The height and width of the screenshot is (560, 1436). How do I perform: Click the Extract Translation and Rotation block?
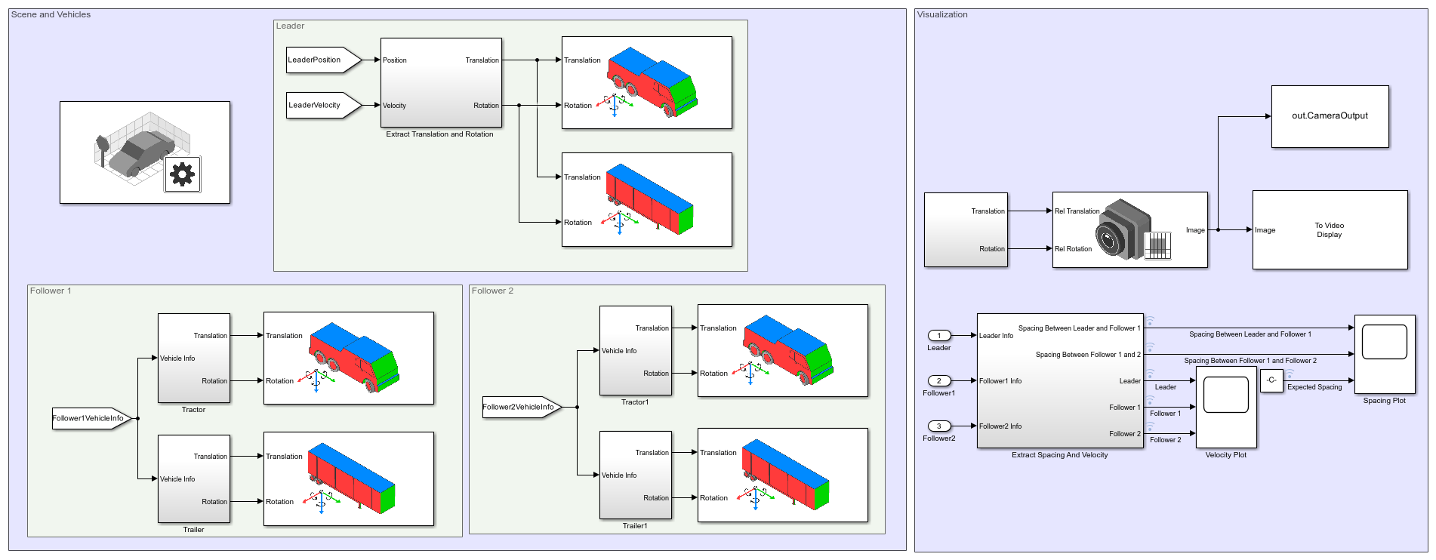[x=441, y=83]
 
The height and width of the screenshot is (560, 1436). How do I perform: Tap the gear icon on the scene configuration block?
[x=183, y=174]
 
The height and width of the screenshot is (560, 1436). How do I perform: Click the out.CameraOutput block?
[x=1330, y=116]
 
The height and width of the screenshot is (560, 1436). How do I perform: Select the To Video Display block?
[x=1330, y=230]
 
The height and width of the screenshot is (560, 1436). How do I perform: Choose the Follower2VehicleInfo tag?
[x=520, y=408]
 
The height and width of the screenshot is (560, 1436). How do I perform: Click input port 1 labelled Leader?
[x=939, y=336]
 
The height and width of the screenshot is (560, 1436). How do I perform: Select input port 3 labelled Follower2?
[x=939, y=426]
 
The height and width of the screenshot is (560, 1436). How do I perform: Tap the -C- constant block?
[x=1271, y=380]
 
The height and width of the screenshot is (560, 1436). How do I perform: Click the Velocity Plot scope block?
[x=1226, y=408]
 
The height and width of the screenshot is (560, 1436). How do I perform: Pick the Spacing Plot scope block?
[x=1385, y=354]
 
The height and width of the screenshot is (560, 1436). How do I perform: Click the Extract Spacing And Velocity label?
[x=1059, y=455]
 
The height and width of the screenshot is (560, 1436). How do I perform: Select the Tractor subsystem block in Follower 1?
[x=193, y=358]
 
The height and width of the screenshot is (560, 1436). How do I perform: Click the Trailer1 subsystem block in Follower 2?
[x=635, y=475]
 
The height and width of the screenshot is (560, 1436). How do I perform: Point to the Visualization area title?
[x=942, y=15]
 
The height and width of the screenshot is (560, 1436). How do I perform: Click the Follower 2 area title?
[x=492, y=291]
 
